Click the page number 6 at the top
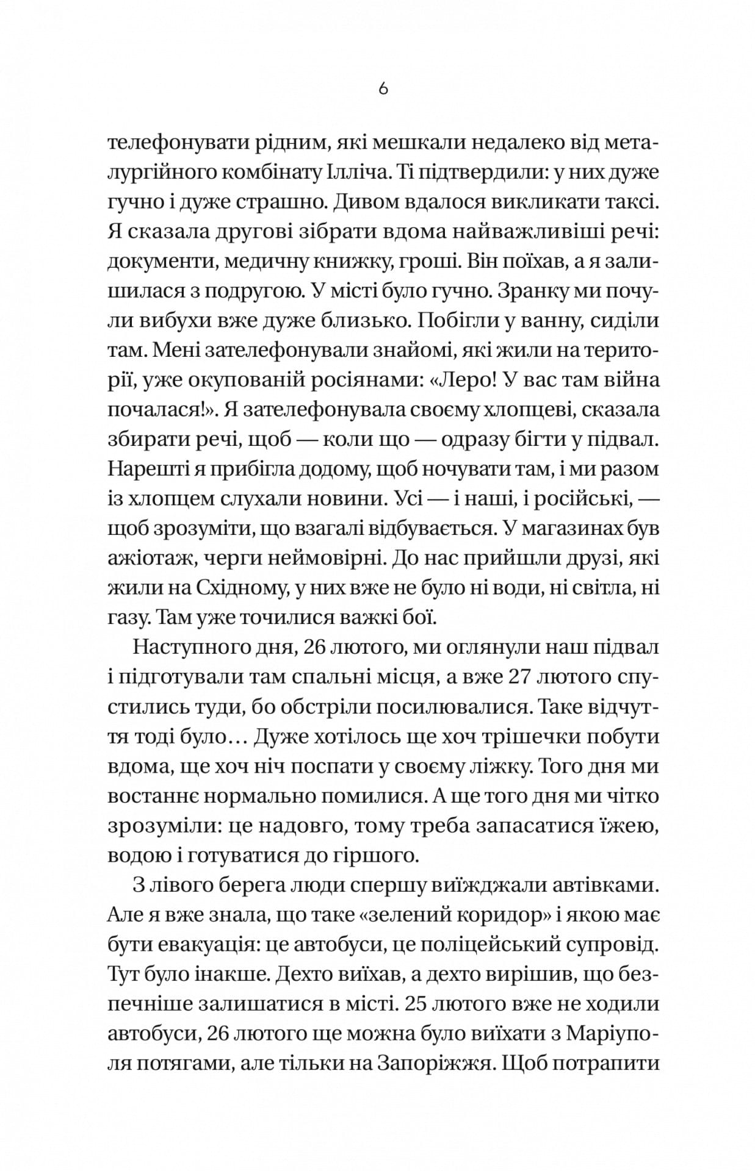click(x=383, y=89)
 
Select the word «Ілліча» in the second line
click(x=364, y=173)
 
